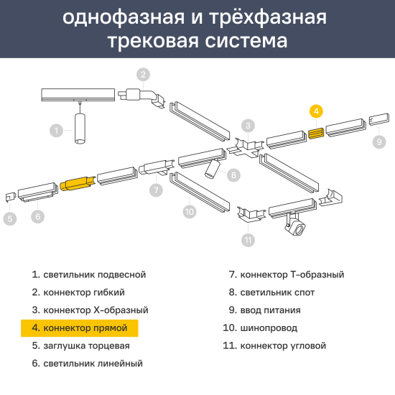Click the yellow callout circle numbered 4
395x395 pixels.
[x=316, y=111]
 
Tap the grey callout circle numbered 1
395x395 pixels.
[x=56, y=131]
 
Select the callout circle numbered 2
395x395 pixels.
[x=143, y=75]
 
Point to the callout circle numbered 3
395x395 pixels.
[x=248, y=126]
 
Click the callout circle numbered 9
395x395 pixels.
[x=379, y=141]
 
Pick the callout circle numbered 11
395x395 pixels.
[x=248, y=240]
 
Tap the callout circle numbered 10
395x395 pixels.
[x=190, y=212]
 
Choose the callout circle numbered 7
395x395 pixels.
[x=156, y=190]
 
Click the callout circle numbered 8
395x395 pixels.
[x=233, y=175]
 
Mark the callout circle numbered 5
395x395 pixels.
[x=10, y=218]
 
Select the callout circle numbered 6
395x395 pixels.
[x=38, y=216]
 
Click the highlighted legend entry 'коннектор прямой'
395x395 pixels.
[x=80, y=328]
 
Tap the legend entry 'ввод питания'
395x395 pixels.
[x=265, y=310]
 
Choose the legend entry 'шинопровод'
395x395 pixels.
[x=260, y=328]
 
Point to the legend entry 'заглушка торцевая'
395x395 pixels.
[x=81, y=345]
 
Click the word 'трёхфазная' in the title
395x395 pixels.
[x=268, y=18]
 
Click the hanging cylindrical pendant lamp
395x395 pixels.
[x=80, y=129]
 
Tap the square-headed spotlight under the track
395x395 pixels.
[x=295, y=225]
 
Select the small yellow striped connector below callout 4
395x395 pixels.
[x=316, y=134]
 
